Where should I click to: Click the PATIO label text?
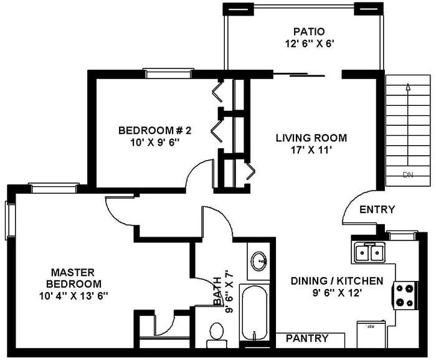pyautogui.click(x=310, y=32)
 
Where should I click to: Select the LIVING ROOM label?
pyautogui.click(x=311, y=138)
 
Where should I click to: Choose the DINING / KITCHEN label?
pyautogui.click(x=337, y=281)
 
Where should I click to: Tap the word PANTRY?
pyautogui.click(x=306, y=339)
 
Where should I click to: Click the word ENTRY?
pyautogui.click(x=377, y=209)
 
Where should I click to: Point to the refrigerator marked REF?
pyautogui.click(x=371, y=333)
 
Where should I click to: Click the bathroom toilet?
pyautogui.click(x=217, y=333)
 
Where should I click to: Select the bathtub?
pyautogui.click(x=254, y=311)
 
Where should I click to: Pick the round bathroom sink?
pyautogui.click(x=259, y=260)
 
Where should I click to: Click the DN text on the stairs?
pyautogui.click(x=408, y=175)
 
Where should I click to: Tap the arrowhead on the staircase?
pyautogui.click(x=408, y=87)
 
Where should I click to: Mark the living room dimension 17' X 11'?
pyautogui.click(x=311, y=149)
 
